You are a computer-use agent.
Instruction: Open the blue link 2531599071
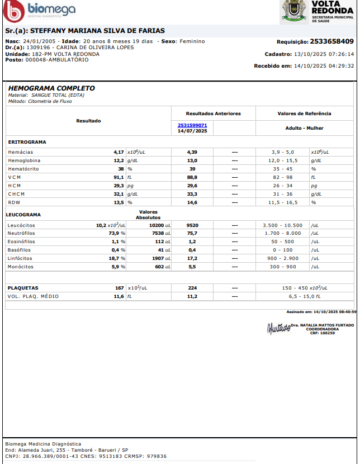click(x=192, y=125)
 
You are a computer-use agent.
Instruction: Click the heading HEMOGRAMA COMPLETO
click(x=51, y=88)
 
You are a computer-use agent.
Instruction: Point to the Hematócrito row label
click(x=24, y=169)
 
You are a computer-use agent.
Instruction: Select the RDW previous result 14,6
click(x=192, y=202)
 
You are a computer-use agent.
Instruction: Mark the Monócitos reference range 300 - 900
click(x=282, y=267)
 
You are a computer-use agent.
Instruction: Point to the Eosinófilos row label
click(x=22, y=242)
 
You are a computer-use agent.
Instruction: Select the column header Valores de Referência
click(x=304, y=113)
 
